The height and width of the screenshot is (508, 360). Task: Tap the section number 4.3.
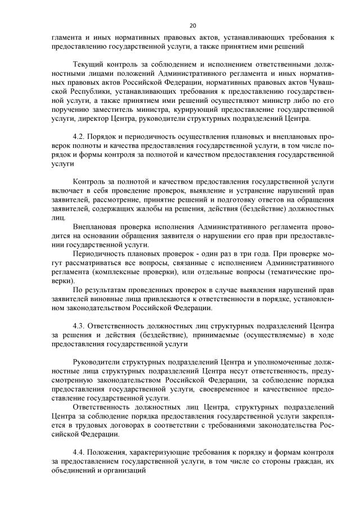pos(79,325)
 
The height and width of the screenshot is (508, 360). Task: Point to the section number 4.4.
pos(79,451)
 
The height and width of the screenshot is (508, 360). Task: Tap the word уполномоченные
pos(269,362)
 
